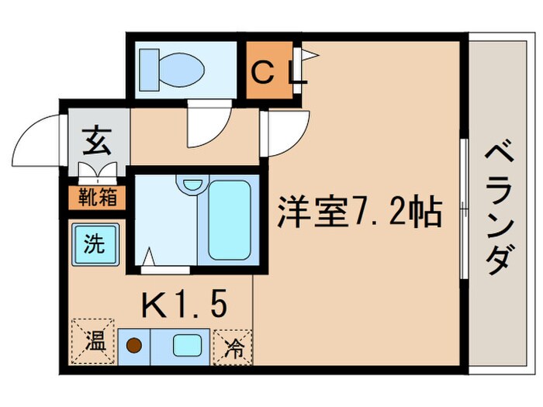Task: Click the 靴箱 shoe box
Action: click(98, 197)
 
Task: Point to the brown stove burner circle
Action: click(135, 343)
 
